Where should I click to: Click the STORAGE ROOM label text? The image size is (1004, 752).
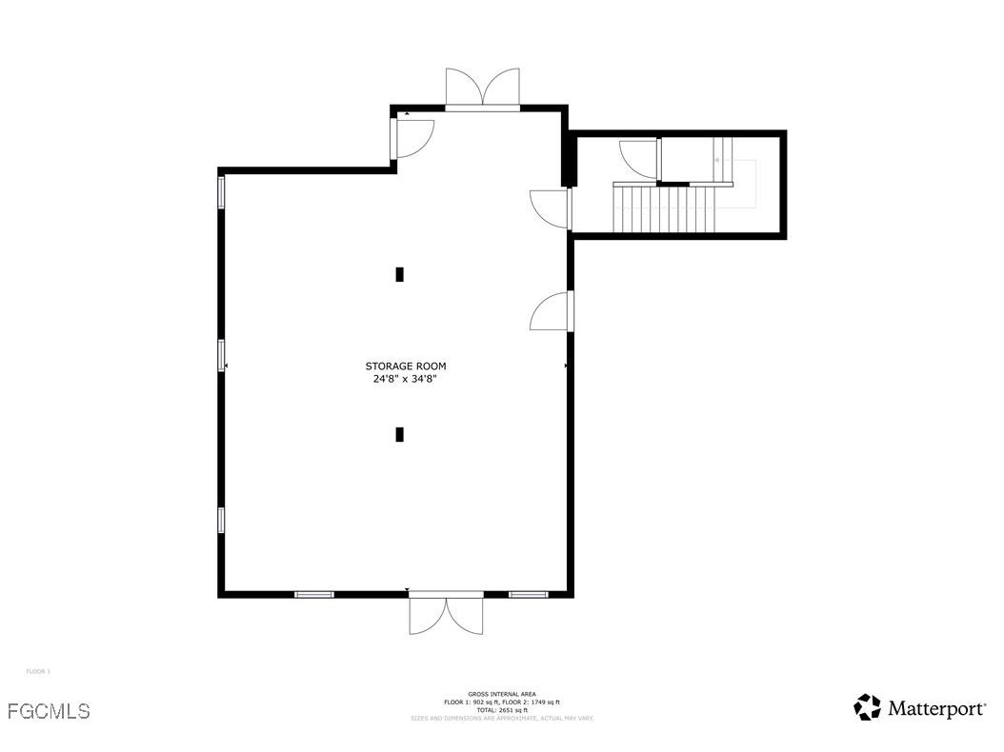point(405,366)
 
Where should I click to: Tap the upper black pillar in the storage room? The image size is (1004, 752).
point(399,274)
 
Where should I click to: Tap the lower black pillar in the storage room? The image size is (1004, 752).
point(399,434)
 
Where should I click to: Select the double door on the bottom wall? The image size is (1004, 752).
point(446,613)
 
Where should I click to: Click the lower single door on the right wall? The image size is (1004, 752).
point(552,311)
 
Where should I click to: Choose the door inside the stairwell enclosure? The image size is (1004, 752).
point(639,158)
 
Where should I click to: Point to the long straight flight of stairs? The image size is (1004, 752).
point(666,208)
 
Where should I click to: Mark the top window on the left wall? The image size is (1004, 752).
point(222,192)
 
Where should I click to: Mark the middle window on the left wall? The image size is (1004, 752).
point(222,355)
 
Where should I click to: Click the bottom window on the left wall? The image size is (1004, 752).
point(222,520)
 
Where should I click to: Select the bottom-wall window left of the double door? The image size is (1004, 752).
point(314,594)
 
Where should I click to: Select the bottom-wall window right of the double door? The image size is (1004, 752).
point(528,594)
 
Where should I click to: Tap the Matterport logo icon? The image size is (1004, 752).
point(867,707)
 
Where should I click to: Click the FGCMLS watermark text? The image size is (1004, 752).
point(49,711)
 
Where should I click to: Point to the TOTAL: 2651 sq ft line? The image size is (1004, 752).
point(501,710)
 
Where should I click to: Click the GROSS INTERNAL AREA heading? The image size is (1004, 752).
point(501,694)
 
